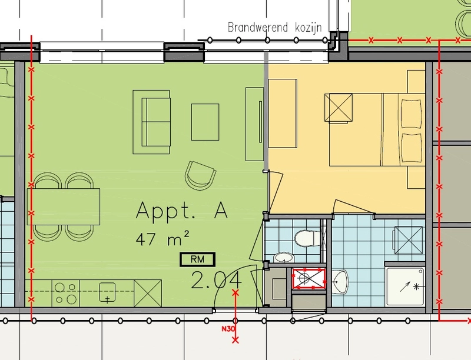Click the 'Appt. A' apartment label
click(182, 211)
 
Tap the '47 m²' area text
click(162, 239)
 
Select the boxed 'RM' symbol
click(197, 259)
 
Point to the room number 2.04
click(216, 281)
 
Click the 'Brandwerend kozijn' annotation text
click(275, 27)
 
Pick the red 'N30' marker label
click(228, 329)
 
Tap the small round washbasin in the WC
click(284, 258)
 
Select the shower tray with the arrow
click(405, 286)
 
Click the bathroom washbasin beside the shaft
click(340, 282)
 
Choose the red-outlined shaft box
click(309, 279)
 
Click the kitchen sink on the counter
click(107, 292)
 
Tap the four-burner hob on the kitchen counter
click(66, 293)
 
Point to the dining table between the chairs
click(64, 206)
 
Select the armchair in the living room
click(200, 176)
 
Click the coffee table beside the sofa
click(205, 122)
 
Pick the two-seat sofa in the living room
click(152, 122)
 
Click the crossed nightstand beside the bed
click(339, 108)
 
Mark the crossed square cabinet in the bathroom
click(408, 241)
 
